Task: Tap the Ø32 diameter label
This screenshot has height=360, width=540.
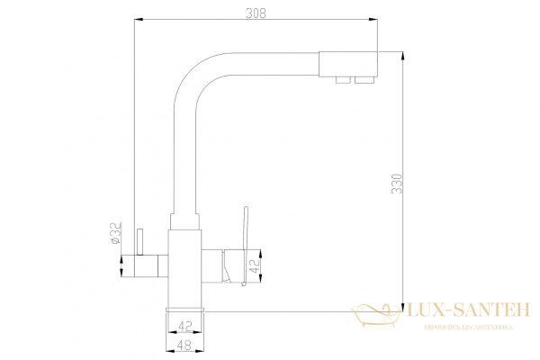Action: pyautogui.click(x=115, y=233)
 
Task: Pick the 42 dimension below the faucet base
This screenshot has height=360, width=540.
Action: pyautogui.click(x=184, y=326)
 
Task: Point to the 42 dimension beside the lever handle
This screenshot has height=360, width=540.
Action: pyautogui.click(x=256, y=267)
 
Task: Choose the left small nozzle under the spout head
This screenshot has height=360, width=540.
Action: pyautogui.click(x=342, y=82)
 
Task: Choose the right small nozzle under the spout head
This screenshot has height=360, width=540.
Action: pyautogui.click(x=364, y=82)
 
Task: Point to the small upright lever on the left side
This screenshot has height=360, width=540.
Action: pyautogui.click(x=140, y=240)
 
